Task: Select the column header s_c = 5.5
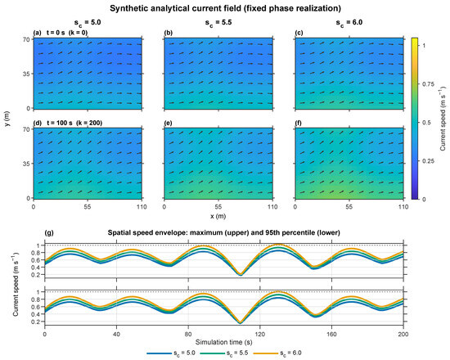(x=218, y=23)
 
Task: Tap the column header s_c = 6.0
(x=349, y=23)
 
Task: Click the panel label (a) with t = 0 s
(x=61, y=33)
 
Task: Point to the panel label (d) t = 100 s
(x=68, y=123)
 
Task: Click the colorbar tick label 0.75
(x=428, y=83)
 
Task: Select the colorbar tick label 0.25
(x=428, y=160)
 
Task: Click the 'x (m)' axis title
(x=218, y=216)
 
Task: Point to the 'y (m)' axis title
(x=7, y=119)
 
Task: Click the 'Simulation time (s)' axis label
(x=224, y=342)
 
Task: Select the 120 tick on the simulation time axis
(x=259, y=334)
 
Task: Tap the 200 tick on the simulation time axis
(x=403, y=334)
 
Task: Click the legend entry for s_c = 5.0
(x=171, y=353)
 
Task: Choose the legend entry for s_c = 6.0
(x=277, y=353)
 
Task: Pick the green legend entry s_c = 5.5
(x=224, y=353)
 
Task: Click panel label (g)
(x=49, y=232)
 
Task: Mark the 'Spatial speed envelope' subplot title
(x=224, y=232)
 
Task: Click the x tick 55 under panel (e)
(x=218, y=207)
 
